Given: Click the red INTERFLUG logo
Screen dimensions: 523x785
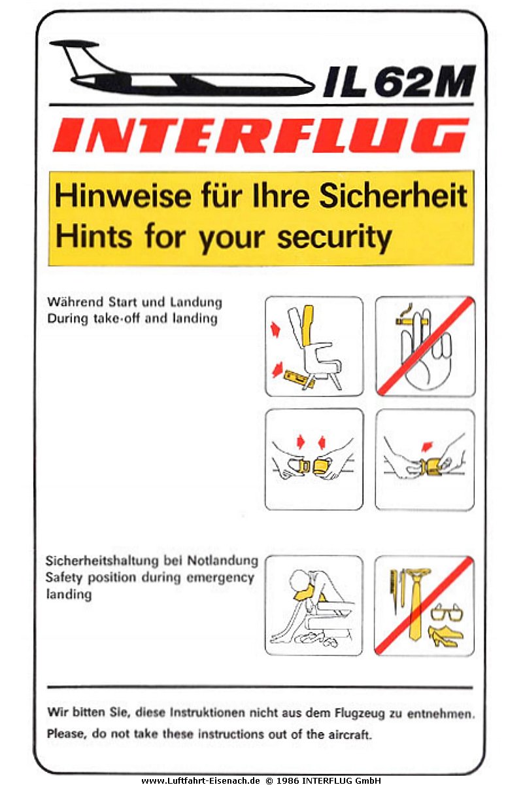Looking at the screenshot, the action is click(x=261, y=135).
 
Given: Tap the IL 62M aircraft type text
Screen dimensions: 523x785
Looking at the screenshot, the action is click(x=399, y=81).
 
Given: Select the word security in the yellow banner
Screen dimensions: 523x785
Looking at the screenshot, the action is click(x=334, y=238).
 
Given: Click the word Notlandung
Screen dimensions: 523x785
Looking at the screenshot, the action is click(x=223, y=561).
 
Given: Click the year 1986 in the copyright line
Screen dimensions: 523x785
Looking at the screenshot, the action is click(x=287, y=780).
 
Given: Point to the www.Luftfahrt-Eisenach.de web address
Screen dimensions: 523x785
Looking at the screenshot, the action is click(x=201, y=780).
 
